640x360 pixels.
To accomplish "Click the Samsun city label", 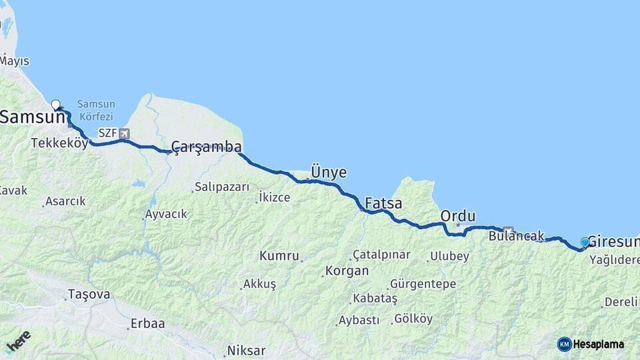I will (x=31, y=117).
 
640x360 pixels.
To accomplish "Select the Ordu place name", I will (x=458, y=216).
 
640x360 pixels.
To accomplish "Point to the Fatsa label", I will (x=383, y=203).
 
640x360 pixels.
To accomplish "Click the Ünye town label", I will (x=329, y=173).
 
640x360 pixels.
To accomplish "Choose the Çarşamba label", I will (x=206, y=147).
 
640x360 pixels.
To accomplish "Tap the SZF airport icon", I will (x=124, y=133).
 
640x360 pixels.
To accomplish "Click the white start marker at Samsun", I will (x=56, y=104).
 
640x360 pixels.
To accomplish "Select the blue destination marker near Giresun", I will (x=585, y=242).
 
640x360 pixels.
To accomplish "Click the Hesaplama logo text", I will (x=599, y=344).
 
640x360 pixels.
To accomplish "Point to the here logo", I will (x=18, y=341).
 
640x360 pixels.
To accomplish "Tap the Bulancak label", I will (x=516, y=236).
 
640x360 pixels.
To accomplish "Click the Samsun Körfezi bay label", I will (x=96, y=109).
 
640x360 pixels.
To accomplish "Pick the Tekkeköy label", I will (x=59, y=143).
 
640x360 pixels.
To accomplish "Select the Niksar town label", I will (x=246, y=350).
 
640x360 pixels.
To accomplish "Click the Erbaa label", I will (x=147, y=323).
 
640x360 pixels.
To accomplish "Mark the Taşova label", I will (x=89, y=294).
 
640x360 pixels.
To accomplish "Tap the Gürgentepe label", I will (x=423, y=284).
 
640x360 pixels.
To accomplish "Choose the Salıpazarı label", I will (x=222, y=187).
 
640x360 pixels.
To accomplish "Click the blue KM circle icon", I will (x=565, y=344).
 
